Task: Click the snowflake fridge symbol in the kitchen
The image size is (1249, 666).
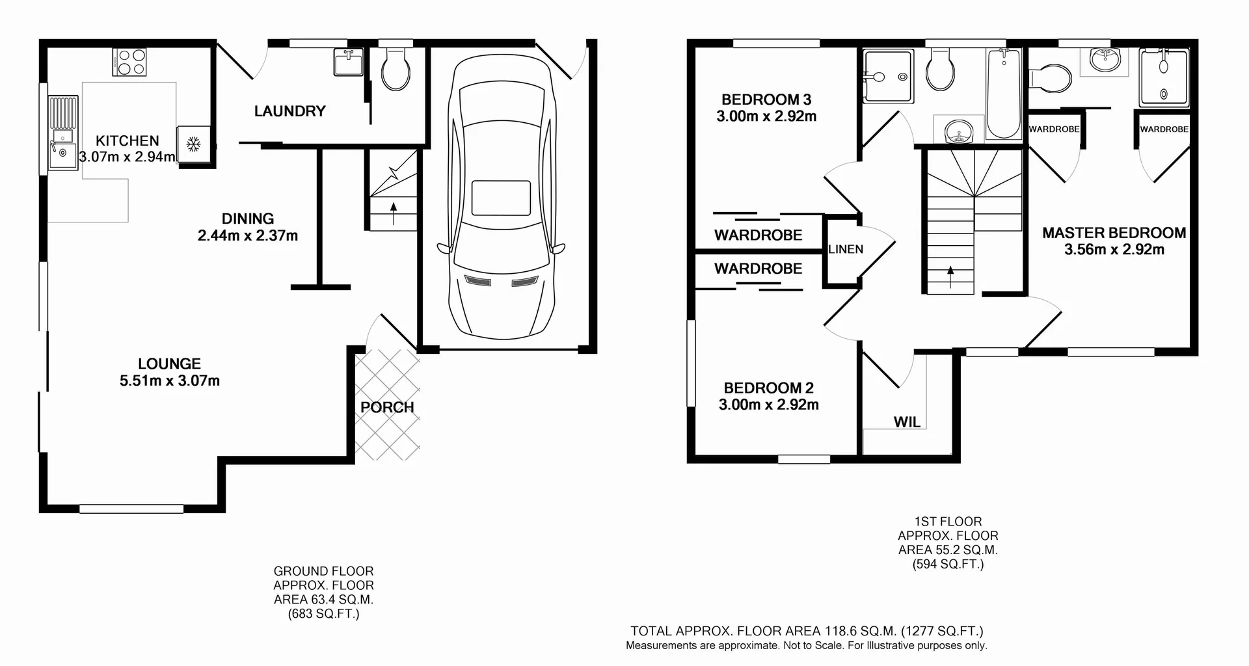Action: pyautogui.click(x=193, y=144)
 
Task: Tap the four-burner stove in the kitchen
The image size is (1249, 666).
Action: pyautogui.click(x=129, y=62)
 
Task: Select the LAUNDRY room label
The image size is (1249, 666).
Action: pyautogui.click(x=289, y=111)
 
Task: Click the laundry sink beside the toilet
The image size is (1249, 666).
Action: pyautogui.click(x=349, y=62)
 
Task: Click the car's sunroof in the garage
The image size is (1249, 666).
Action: pyautogui.click(x=501, y=198)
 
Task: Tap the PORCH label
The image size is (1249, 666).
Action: pyautogui.click(x=387, y=407)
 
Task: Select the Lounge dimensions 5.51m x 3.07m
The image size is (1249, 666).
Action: pyautogui.click(x=169, y=381)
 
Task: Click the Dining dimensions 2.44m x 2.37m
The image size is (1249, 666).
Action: pyautogui.click(x=248, y=235)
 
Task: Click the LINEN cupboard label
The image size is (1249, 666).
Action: pyautogui.click(x=846, y=249)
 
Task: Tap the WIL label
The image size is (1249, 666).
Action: pyautogui.click(x=907, y=422)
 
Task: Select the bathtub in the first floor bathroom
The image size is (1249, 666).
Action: pyautogui.click(x=1003, y=94)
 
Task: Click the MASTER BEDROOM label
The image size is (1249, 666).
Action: pyautogui.click(x=1114, y=233)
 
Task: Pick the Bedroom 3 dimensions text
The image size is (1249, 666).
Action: pyautogui.click(x=766, y=116)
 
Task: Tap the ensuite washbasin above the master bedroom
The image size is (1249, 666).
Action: pyautogui.click(x=1104, y=59)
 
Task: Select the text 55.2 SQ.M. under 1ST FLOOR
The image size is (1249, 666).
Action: pyautogui.click(x=948, y=550)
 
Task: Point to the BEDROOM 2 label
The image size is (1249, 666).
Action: pyautogui.click(x=768, y=388)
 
